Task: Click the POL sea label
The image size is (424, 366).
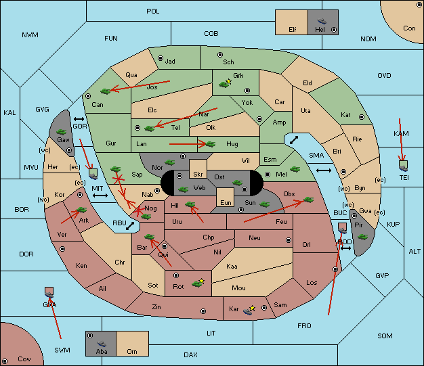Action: click(x=153, y=12)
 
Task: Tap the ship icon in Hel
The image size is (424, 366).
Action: click(x=322, y=21)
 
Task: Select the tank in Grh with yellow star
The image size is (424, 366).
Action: click(x=225, y=83)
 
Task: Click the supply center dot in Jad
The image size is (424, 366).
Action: click(x=161, y=58)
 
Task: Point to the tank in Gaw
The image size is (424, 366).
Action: click(x=62, y=132)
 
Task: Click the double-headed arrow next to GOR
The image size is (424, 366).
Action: click(x=79, y=119)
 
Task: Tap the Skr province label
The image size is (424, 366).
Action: click(x=198, y=175)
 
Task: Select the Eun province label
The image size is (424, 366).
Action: click(x=226, y=202)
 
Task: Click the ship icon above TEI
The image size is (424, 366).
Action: click(x=404, y=166)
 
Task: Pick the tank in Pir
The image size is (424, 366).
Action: click(x=362, y=237)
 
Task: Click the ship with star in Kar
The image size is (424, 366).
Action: click(x=249, y=310)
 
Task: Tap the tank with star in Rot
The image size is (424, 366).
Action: click(x=198, y=283)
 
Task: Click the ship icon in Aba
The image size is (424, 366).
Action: click(x=102, y=344)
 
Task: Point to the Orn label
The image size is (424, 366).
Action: click(x=132, y=351)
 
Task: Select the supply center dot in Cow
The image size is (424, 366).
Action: click(x=5, y=361)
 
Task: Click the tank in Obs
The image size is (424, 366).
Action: click(x=309, y=200)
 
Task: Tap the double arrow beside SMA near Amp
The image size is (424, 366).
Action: click(x=294, y=140)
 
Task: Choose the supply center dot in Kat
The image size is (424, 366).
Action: click(x=362, y=117)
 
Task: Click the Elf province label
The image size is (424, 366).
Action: click(x=293, y=30)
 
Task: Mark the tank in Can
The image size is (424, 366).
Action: click(x=106, y=91)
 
